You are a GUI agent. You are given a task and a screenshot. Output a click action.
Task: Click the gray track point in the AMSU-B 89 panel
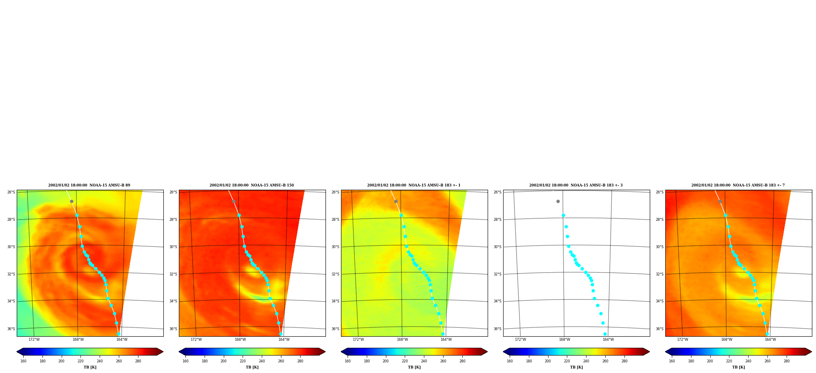(x=71, y=201)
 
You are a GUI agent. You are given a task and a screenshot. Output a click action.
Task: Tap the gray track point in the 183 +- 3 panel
(x=558, y=201)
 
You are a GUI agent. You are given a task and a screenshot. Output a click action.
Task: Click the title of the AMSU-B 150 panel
(x=252, y=185)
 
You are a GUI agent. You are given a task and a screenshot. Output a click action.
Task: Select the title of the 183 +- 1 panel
(x=414, y=185)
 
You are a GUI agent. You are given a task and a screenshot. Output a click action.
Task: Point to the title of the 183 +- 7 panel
(x=738, y=185)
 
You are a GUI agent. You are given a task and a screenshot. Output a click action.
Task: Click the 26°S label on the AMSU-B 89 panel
(x=11, y=192)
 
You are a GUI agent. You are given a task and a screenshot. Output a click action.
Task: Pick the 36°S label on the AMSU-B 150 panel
(x=173, y=329)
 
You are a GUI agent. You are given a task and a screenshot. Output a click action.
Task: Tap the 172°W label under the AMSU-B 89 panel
(x=34, y=340)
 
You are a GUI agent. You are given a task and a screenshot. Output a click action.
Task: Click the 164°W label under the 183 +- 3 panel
(x=608, y=340)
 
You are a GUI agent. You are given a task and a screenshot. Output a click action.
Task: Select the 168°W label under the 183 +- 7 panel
(x=727, y=340)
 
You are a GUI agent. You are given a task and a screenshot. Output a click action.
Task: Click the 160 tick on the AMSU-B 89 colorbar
(x=23, y=361)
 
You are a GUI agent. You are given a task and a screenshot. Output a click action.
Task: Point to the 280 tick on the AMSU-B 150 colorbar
(x=300, y=361)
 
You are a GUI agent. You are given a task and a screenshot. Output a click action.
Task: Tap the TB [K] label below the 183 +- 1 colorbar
(x=414, y=367)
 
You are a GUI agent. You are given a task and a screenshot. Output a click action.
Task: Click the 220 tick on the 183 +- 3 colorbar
(x=567, y=361)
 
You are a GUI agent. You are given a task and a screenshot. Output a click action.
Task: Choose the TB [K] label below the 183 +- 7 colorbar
(x=738, y=367)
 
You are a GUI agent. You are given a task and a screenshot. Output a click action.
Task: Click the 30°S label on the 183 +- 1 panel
(x=335, y=247)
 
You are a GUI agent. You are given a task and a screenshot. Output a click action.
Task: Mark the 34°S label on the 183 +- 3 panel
(x=497, y=301)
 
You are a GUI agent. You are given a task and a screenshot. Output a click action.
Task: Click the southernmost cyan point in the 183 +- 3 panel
(x=605, y=334)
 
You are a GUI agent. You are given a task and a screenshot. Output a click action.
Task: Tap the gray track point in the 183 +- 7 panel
(x=720, y=201)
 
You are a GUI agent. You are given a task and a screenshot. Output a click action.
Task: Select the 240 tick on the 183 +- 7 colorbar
(x=748, y=361)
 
